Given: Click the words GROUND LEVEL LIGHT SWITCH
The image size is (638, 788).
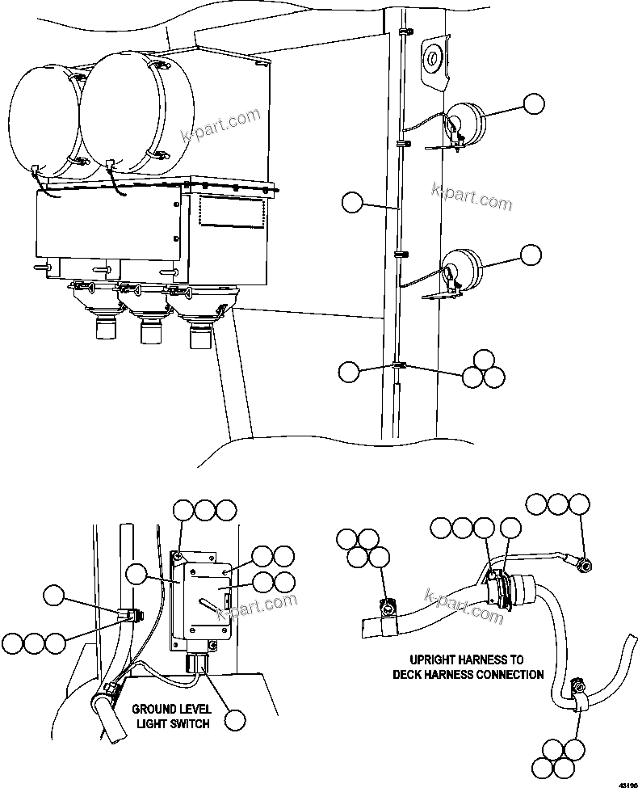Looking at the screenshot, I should point(170,715).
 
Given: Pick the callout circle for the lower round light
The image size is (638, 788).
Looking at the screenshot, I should point(531,255).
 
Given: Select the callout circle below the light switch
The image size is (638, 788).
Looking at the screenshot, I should point(235,720).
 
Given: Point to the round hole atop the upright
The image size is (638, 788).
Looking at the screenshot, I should point(432,57).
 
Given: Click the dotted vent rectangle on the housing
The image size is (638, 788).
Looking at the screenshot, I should point(232,212).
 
